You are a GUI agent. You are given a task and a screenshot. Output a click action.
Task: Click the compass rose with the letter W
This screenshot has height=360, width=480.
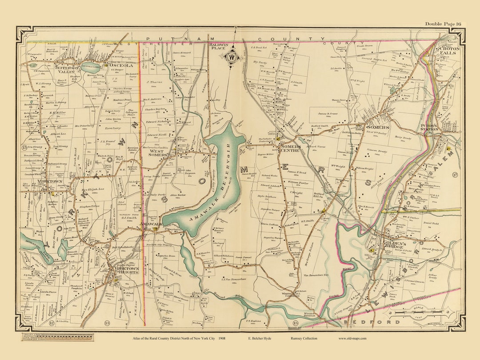point(231,57)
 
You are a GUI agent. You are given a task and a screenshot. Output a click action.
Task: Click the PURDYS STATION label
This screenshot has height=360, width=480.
point(429,128)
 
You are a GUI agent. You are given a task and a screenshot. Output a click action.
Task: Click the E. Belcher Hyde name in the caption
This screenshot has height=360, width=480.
point(261,339)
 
